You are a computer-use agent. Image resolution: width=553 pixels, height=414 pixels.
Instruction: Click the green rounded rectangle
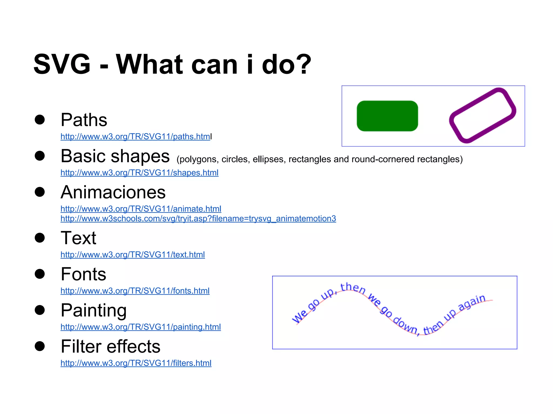(387, 116)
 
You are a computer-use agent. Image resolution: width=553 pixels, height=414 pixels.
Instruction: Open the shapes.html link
(139, 173)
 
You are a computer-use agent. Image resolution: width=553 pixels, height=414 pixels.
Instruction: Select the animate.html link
(141, 209)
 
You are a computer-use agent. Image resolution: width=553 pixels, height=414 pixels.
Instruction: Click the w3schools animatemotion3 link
(198, 219)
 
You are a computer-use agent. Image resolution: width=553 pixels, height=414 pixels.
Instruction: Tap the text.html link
(133, 255)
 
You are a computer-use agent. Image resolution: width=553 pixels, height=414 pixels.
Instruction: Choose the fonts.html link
(135, 291)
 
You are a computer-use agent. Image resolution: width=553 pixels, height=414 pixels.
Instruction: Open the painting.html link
(141, 327)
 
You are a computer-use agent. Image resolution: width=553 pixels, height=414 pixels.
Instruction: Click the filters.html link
(136, 363)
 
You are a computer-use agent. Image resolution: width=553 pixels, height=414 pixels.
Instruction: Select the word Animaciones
(113, 192)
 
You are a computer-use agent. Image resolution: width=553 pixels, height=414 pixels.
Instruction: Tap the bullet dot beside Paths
(40, 120)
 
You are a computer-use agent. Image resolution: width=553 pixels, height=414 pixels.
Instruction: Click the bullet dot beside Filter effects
(40, 346)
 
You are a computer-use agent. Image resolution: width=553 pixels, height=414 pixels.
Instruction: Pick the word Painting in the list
(93, 310)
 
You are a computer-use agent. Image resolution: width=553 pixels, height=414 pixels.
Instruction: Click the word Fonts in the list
(83, 274)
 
